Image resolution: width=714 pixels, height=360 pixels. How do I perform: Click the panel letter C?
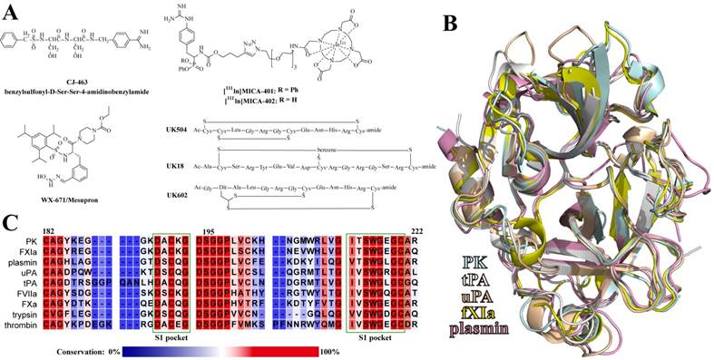click(x=10, y=220)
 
